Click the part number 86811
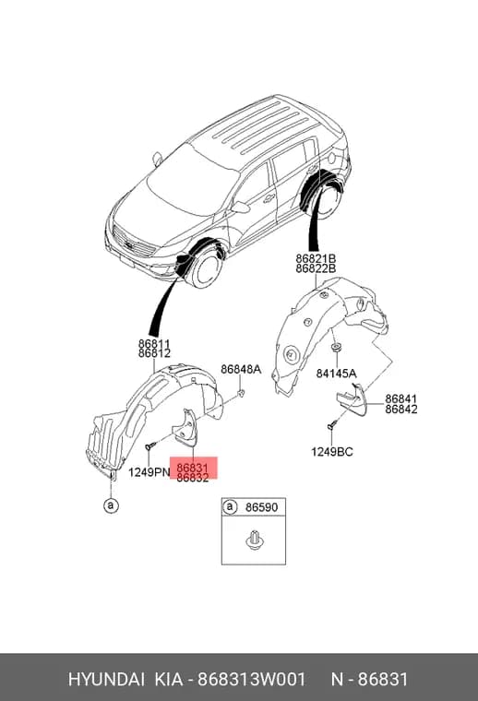pyautogui.click(x=154, y=344)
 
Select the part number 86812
pyautogui.click(x=154, y=353)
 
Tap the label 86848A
pyautogui.click(x=241, y=369)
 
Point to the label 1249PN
pyautogui.click(x=149, y=471)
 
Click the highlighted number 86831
pyautogui.click(x=193, y=468)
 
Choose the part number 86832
pyautogui.click(x=193, y=478)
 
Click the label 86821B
pyautogui.click(x=316, y=258)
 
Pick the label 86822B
pyautogui.click(x=316, y=268)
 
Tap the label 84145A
pyautogui.click(x=336, y=374)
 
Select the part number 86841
pyautogui.click(x=401, y=398)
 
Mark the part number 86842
pyautogui.click(x=401, y=409)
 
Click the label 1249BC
pyautogui.click(x=332, y=452)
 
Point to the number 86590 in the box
pyautogui.click(x=261, y=507)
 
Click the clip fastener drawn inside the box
pyautogui.click(x=254, y=540)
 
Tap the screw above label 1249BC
pyautogui.click(x=332, y=425)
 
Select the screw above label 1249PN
pyautogui.click(x=150, y=446)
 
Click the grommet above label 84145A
pyautogui.click(x=335, y=348)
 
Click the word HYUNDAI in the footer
pyautogui.click(x=106, y=679)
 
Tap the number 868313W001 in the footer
pyautogui.click(x=252, y=679)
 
